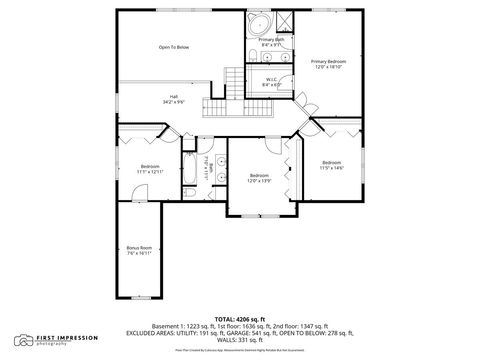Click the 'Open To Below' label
173,47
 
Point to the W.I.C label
271,83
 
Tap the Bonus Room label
139,250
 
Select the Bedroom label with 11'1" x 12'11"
150,168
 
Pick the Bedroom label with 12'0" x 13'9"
259,177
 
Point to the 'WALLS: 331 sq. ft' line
240,341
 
